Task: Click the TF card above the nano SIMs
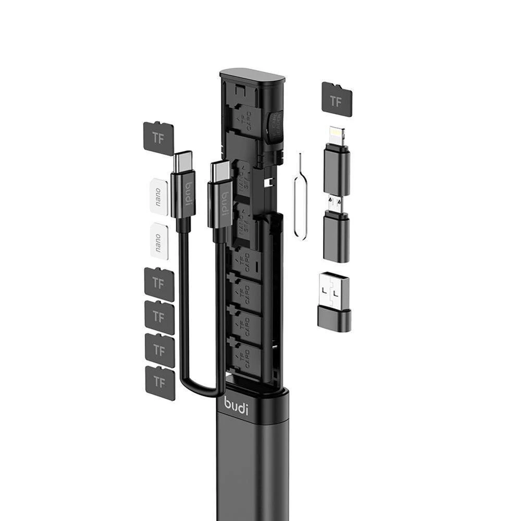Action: click(x=158, y=138)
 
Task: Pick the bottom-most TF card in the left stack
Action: click(x=159, y=382)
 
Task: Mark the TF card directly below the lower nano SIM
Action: click(x=159, y=283)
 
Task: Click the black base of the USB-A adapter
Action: click(x=334, y=319)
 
